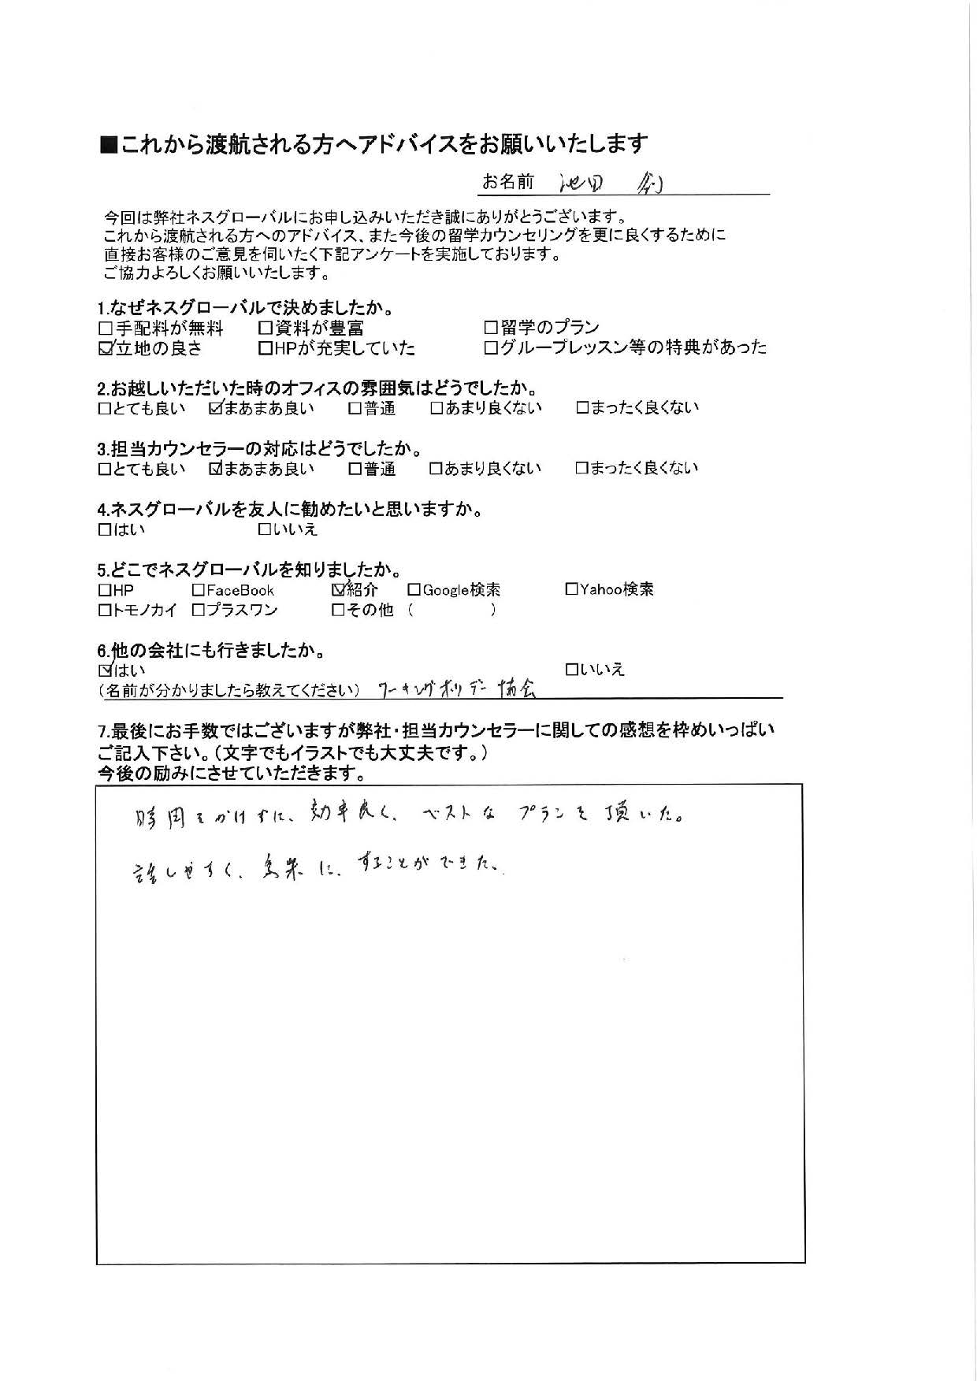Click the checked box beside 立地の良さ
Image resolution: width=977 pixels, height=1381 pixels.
click(106, 349)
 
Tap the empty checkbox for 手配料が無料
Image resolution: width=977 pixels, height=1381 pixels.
click(106, 328)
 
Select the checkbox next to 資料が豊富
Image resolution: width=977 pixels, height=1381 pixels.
click(266, 328)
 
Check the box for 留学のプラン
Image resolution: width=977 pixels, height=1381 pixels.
click(491, 327)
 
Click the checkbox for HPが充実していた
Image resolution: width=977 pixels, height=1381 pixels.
click(266, 348)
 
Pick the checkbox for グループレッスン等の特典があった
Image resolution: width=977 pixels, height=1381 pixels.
click(491, 347)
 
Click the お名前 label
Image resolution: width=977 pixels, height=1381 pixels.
click(507, 183)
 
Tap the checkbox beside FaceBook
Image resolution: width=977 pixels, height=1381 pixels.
click(199, 590)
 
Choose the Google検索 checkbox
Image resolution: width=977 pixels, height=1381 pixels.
click(414, 590)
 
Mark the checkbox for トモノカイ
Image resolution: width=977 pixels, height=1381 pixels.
click(105, 610)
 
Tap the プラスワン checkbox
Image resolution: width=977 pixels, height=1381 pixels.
click(199, 610)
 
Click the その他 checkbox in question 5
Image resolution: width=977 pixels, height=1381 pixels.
click(339, 610)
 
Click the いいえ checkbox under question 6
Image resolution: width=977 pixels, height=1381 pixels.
click(572, 670)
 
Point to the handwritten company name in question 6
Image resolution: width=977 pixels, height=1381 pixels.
click(458, 689)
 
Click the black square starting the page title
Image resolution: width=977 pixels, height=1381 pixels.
click(109, 145)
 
